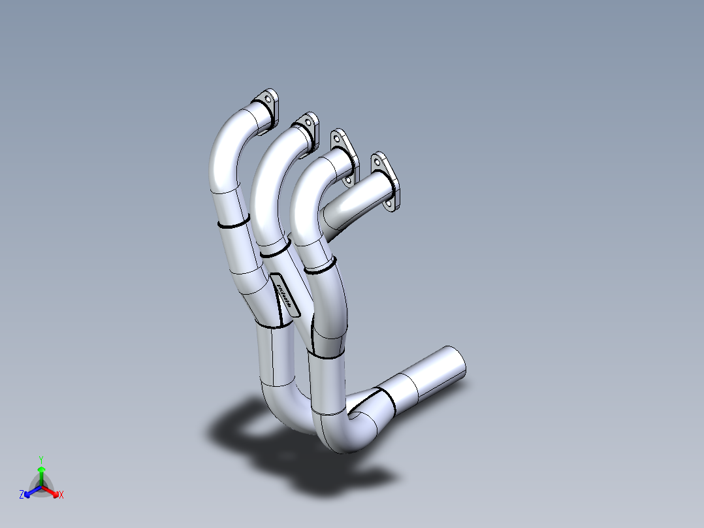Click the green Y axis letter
40,459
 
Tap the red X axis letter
61,495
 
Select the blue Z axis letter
22,495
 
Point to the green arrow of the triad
41,472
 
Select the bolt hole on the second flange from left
306,122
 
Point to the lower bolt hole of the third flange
349,178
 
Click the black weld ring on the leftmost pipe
233,224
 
